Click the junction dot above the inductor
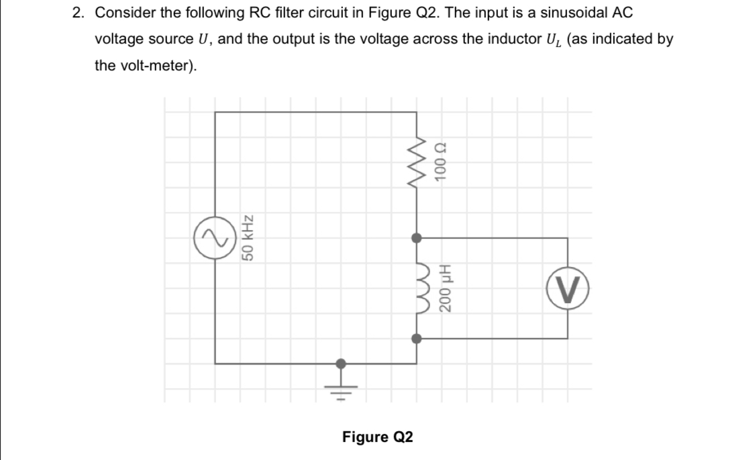(x=417, y=237)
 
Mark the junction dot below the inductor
(x=417, y=339)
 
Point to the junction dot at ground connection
(x=342, y=363)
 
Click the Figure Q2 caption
(x=377, y=437)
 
